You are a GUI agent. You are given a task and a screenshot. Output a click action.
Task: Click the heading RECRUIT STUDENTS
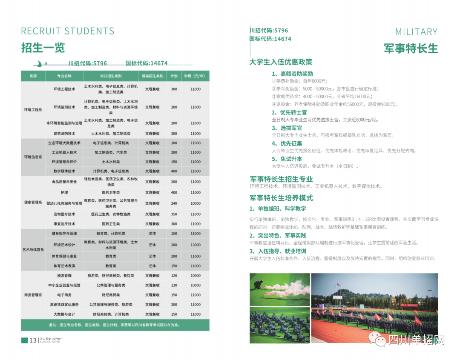(x=68, y=31)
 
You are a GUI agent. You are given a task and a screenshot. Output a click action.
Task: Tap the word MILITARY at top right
(x=416, y=32)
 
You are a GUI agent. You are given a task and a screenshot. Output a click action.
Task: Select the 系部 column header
(x=33, y=76)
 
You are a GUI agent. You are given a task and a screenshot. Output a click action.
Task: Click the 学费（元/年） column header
(x=195, y=76)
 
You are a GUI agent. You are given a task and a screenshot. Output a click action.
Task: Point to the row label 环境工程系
(x=33, y=110)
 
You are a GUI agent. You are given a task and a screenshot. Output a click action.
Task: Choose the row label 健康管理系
(x=33, y=202)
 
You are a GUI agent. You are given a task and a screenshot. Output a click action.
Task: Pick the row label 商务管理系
(x=33, y=295)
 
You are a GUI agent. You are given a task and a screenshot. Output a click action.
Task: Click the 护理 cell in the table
(x=64, y=192)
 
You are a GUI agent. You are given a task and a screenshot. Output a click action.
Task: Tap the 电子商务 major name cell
(x=64, y=295)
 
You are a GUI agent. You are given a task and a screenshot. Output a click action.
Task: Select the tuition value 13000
(x=195, y=245)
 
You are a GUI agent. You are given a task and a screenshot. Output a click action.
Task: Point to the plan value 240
(x=174, y=203)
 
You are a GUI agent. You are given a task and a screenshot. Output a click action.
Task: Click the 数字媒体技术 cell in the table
(x=64, y=171)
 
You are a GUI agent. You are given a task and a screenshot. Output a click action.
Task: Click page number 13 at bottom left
(x=33, y=340)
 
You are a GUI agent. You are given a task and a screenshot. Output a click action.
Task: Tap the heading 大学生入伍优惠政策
(x=281, y=62)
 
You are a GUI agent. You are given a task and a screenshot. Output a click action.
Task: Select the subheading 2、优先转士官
(x=289, y=113)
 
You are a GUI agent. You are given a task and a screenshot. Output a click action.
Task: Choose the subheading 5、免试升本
(x=287, y=159)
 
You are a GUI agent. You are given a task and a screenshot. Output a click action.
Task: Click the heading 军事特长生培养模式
(x=281, y=198)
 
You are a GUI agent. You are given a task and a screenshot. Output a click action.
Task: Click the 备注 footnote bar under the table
(x=115, y=325)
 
